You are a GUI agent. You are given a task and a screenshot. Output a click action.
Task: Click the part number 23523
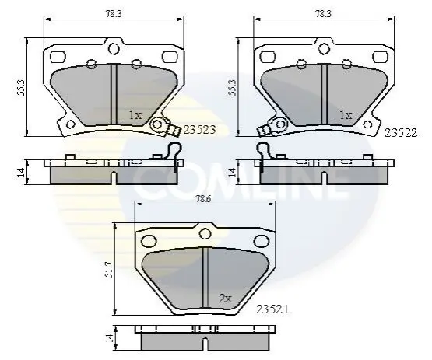199,130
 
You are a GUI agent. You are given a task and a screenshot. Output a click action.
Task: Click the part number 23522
401,133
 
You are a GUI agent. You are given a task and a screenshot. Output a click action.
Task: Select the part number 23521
272,309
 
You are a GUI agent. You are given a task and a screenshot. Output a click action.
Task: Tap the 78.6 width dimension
204,199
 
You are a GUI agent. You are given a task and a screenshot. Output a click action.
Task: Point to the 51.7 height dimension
110,270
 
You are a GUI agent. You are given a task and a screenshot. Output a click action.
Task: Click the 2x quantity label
226,299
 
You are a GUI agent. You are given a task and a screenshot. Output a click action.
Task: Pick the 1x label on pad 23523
135,115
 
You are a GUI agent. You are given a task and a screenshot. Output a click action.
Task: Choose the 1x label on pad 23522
346,115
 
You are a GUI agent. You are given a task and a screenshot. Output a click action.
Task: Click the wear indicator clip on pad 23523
163,127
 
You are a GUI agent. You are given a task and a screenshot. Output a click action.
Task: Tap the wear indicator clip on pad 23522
274,127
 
